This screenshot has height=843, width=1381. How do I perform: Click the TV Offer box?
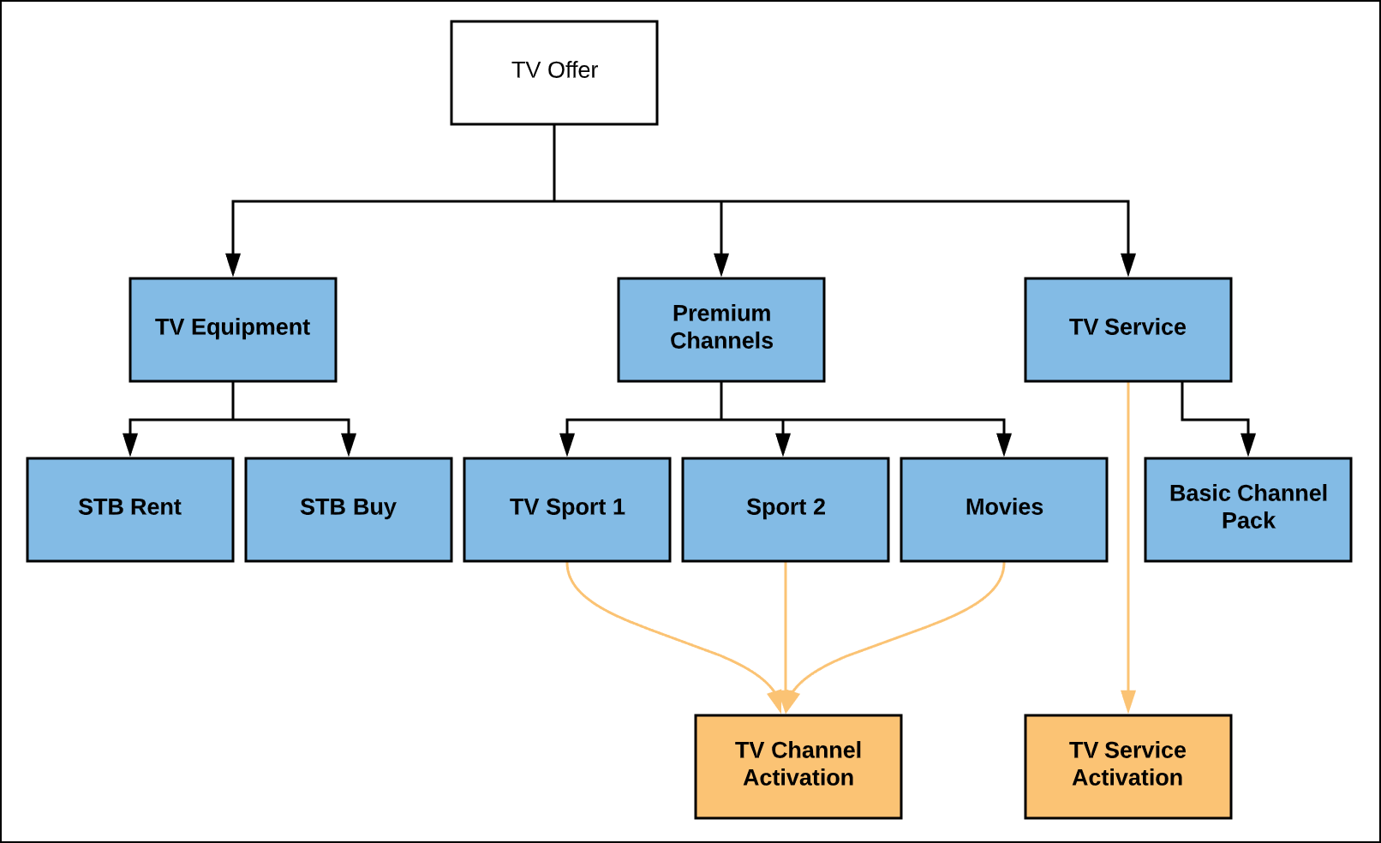(x=554, y=73)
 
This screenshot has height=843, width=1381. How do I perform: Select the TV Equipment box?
(x=233, y=330)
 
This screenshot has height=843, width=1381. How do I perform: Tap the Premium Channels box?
(x=721, y=330)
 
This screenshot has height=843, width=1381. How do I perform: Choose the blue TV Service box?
(x=1128, y=330)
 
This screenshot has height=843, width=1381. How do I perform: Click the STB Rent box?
(x=130, y=510)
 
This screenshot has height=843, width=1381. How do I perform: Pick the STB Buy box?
(x=349, y=510)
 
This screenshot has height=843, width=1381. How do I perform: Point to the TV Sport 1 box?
(x=567, y=510)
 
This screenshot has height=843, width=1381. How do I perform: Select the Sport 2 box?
(x=786, y=510)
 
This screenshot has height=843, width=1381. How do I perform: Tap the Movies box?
(x=1004, y=510)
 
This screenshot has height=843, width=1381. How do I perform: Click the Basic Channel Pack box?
(x=1248, y=510)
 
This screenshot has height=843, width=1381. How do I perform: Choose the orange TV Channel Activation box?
(x=798, y=767)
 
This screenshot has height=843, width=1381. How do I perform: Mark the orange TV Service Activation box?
(x=1128, y=767)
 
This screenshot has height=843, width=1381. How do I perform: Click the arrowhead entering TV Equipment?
(x=233, y=265)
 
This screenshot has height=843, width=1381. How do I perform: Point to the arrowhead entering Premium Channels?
(x=721, y=265)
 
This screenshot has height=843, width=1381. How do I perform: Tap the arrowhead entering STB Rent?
(x=130, y=445)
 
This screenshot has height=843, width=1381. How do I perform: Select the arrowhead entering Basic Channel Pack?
(x=1248, y=445)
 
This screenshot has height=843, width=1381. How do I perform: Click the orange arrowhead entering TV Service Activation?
(x=1128, y=702)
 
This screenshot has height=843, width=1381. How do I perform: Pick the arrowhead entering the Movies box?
(x=1004, y=445)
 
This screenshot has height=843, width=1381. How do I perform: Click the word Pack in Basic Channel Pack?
(x=1248, y=521)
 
